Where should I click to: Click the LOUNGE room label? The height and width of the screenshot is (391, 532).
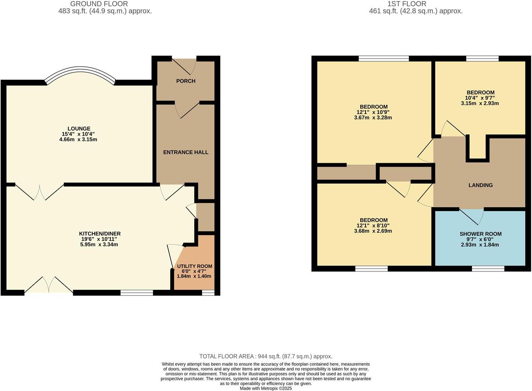pos(79,129)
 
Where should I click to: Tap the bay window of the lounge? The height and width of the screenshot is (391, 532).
pos(80,74)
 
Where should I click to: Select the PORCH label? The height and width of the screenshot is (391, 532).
pos(186,81)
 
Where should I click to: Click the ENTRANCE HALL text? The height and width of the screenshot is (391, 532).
pos(186,152)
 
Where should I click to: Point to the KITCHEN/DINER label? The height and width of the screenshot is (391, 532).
pos(100,233)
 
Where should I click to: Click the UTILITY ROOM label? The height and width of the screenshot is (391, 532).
pos(195,266)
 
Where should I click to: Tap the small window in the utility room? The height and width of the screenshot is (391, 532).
pos(208,293)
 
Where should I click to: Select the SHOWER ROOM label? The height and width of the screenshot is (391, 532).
pos(481,234)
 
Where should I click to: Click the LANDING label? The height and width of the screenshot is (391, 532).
pos(481,185)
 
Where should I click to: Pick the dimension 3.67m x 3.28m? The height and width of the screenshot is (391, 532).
pos(373,118)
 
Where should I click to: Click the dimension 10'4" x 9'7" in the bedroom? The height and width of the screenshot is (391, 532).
pos(480,98)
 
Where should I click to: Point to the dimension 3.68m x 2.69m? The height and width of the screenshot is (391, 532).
pos(373,231)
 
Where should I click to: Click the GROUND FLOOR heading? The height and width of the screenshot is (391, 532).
pos(99,4)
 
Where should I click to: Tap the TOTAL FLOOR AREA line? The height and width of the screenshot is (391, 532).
pos(266,356)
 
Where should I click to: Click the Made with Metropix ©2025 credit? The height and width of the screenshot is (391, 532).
pos(266,388)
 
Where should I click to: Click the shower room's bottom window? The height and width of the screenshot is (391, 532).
pos(488,268)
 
